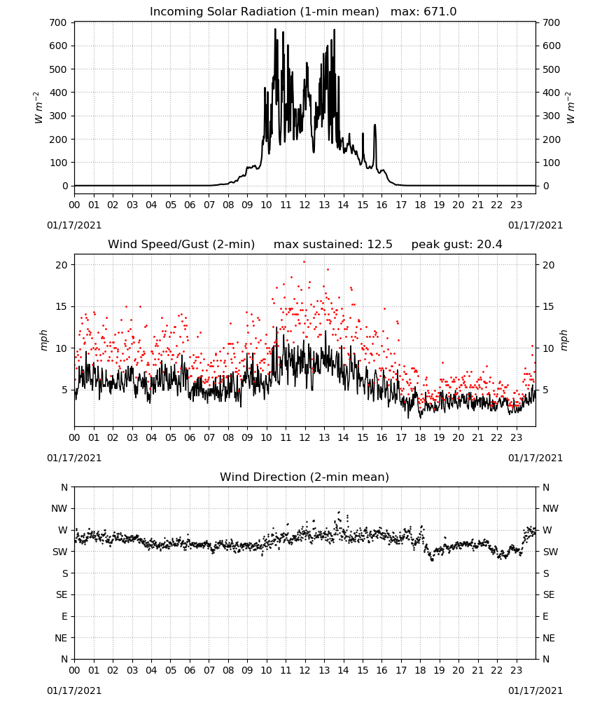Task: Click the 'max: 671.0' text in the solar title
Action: (423, 11)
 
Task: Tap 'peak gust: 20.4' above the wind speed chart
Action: (456, 244)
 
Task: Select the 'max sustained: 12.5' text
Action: (333, 244)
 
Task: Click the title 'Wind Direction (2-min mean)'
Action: (304, 477)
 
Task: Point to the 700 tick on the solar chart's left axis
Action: (58, 22)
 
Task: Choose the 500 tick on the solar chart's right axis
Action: (552, 69)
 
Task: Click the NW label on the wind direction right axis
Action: (550, 508)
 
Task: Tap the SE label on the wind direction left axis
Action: (62, 594)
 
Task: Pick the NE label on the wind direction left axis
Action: (61, 638)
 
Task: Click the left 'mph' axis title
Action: (43, 340)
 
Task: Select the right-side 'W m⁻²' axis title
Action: (570, 108)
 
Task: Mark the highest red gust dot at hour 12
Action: (304, 261)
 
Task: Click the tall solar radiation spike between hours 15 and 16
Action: (375, 125)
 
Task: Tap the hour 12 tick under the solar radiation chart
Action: (305, 205)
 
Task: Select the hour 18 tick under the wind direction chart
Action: (420, 670)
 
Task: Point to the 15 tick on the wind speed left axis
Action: (62, 307)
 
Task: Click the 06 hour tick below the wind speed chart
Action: (190, 437)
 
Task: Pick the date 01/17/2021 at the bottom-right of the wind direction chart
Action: (535, 690)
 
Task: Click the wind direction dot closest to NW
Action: (339, 512)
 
